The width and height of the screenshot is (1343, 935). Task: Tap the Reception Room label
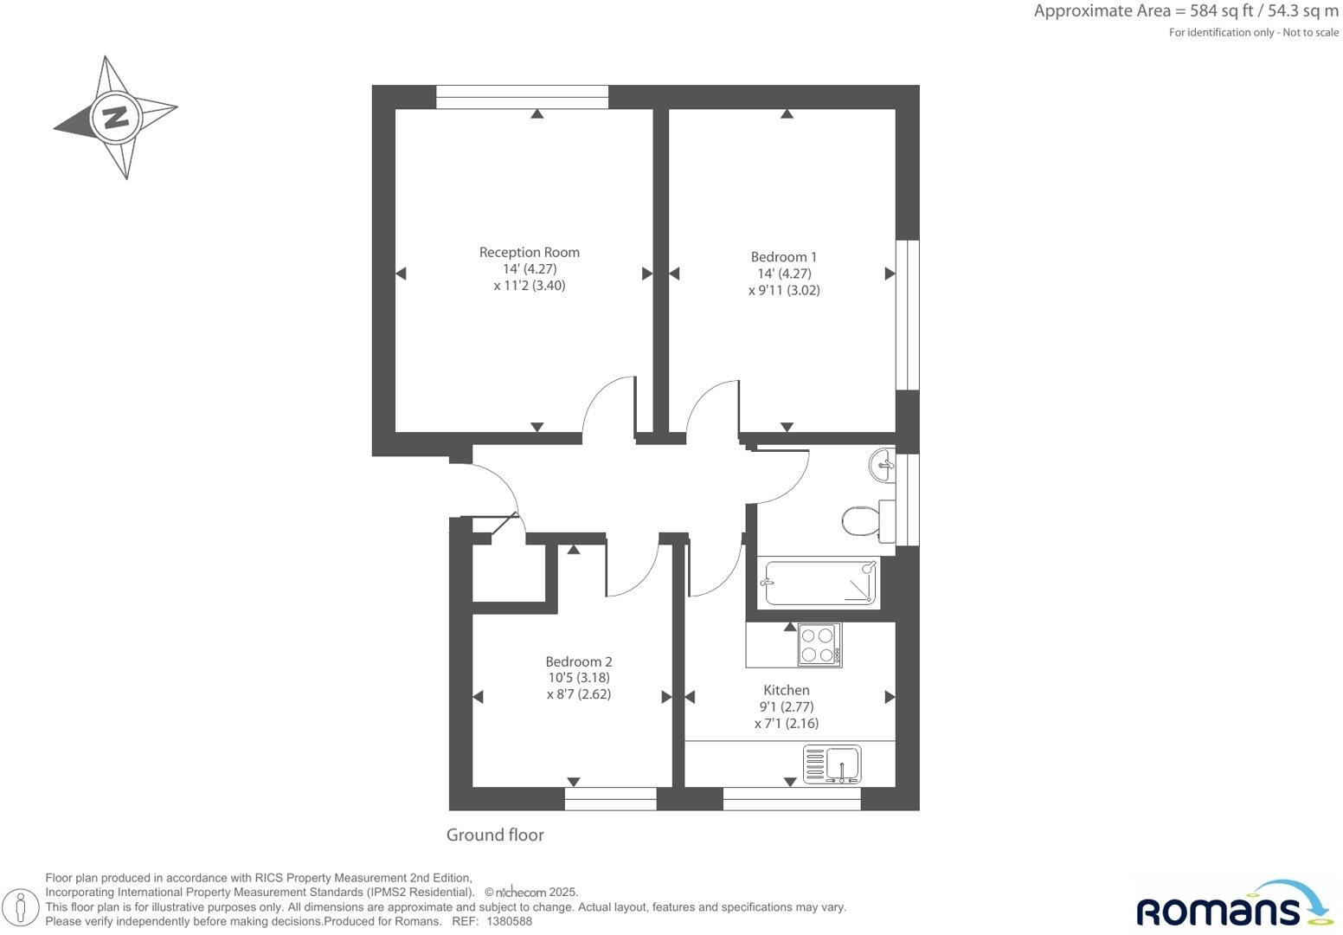(x=529, y=252)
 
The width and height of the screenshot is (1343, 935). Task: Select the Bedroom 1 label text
(x=783, y=256)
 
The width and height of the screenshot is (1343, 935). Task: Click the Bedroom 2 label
(x=578, y=661)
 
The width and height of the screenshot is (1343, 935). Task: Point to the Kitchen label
(x=786, y=690)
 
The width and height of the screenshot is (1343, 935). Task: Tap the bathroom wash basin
(x=882, y=465)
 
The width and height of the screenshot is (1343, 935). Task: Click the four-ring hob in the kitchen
(x=819, y=645)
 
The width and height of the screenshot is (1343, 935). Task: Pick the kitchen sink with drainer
(x=832, y=764)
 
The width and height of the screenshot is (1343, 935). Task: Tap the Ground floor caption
(x=495, y=835)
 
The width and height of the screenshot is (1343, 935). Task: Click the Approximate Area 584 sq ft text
(x=1186, y=11)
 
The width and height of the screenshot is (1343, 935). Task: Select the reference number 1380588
(x=509, y=922)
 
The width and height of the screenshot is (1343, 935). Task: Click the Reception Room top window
(x=522, y=96)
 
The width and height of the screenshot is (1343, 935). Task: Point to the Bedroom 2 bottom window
(x=610, y=798)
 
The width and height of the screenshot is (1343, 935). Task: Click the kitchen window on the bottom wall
(x=791, y=798)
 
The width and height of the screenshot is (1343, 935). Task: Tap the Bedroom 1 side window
(x=907, y=314)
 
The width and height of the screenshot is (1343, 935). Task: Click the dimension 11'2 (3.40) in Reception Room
(x=529, y=286)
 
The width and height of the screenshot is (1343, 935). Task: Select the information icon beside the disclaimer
(x=22, y=907)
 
